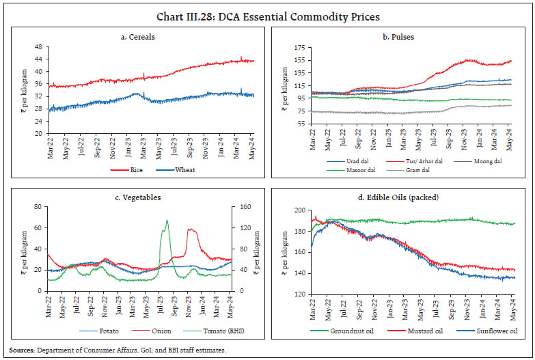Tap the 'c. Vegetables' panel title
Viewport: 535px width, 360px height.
click(139, 197)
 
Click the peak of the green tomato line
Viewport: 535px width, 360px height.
click(167, 221)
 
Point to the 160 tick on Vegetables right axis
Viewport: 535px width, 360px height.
click(239, 206)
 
